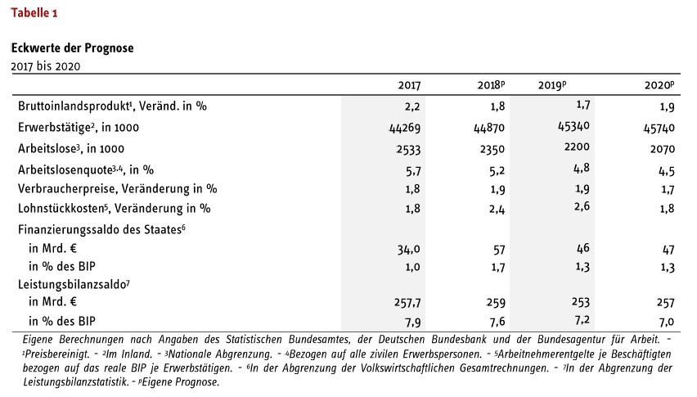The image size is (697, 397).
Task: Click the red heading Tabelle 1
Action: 34,12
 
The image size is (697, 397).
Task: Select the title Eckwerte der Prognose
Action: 73,48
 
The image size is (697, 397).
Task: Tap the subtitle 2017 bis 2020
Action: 46,66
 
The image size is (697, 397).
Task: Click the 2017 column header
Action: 409,85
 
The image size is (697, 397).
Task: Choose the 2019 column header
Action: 552,85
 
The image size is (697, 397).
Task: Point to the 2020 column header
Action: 659,85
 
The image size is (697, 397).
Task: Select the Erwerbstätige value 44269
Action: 404,128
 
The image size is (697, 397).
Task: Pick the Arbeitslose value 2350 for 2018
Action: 492,149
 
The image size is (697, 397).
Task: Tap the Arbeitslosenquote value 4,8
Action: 582,169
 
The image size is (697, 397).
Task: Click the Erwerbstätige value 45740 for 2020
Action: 659,128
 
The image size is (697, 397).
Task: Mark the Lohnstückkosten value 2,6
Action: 582,206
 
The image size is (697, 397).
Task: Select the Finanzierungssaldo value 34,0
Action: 408,250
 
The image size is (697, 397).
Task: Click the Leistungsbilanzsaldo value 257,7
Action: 407,303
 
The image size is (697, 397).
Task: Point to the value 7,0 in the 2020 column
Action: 667,322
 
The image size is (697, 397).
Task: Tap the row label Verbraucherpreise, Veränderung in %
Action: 117,189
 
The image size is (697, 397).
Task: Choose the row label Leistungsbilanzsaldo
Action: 74,285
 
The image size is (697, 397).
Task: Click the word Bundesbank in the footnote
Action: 459,340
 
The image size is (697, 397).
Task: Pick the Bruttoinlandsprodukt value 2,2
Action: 412,106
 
